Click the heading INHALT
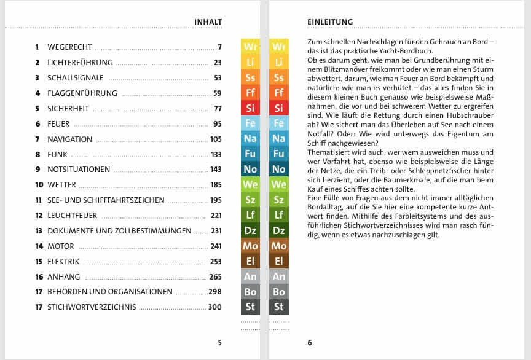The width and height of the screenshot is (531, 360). [208, 22]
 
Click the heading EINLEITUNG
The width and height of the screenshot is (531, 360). [330, 22]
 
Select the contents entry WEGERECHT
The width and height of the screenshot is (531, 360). [69, 47]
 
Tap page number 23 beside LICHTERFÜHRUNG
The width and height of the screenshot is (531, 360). [217, 62]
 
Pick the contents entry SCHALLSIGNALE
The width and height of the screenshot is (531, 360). [75, 78]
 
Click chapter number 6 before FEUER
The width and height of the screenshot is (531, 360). [37, 123]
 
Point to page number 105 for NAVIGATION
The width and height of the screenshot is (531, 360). [215, 139]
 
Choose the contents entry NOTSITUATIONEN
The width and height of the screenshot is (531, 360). [79, 170]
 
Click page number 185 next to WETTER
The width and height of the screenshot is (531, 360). [215, 184]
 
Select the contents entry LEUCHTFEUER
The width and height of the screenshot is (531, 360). [73, 215]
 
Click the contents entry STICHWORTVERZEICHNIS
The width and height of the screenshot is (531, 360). [92, 307]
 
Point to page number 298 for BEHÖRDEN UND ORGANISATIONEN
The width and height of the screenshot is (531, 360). [214, 292]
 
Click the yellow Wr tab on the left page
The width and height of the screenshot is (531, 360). [250, 47]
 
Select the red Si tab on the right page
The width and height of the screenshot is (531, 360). [279, 108]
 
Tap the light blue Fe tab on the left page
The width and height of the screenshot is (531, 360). [250, 123]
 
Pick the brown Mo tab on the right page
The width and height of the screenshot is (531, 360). [279, 246]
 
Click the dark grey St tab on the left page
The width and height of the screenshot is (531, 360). [250, 307]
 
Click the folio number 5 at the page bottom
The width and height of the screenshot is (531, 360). [219, 343]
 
